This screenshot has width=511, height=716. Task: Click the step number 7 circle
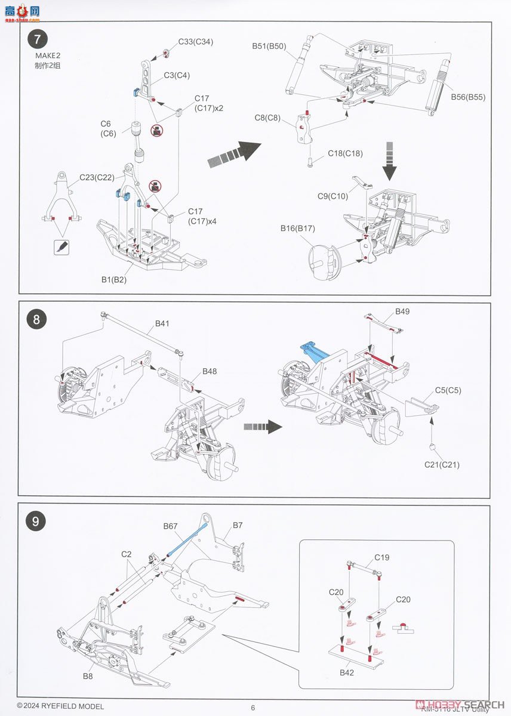(37, 41)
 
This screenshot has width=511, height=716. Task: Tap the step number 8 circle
(36, 319)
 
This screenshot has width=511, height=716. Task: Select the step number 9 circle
(36, 521)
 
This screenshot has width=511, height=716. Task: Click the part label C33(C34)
(195, 42)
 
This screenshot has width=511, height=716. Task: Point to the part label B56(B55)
(468, 97)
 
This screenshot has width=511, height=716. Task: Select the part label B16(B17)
(298, 228)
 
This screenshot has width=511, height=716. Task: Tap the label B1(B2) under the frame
(114, 279)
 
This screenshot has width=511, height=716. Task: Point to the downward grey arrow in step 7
(390, 161)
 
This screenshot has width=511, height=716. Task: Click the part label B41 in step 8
(162, 323)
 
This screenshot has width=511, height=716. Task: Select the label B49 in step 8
(402, 311)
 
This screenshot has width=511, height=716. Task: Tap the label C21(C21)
(442, 464)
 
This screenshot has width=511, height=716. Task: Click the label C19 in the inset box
(382, 558)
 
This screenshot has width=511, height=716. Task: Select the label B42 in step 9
(347, 672)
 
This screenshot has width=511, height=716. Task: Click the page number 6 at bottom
(253, 708)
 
